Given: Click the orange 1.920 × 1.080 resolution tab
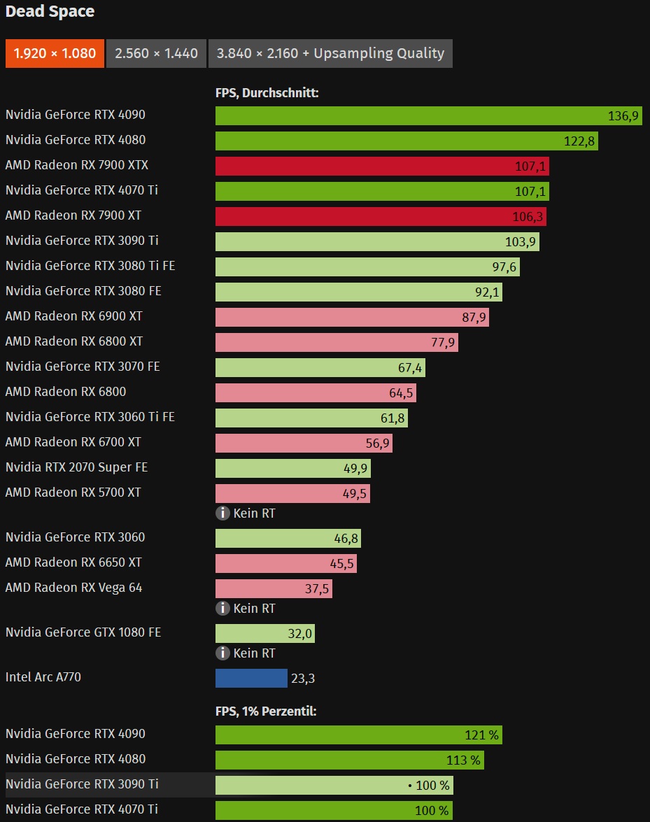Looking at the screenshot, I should pyautogui.click(x=55, y=54).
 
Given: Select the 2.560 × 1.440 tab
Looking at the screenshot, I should pyautogui.click(x=156, y=54).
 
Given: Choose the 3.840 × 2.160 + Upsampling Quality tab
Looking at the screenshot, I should pyautogui.click(x=330, y=54).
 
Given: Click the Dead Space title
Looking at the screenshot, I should pyautogui.click(x=50, y=12).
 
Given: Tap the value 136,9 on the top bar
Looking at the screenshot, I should pyautogui.click(x=623, y=116).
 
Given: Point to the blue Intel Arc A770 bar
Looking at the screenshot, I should pyautogui.click(x=251, y=678).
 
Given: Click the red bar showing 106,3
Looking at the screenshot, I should pyautogui.click(x=381, y=216).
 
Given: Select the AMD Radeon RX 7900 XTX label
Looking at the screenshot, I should pyautogui.click(x=76, y=165).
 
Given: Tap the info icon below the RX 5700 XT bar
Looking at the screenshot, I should pyautogui.click(x=222, y=513).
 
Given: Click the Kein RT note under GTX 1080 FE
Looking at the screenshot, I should pyautogui.click(x=254, y=653).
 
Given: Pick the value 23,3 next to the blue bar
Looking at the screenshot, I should pyautogui.click(x=304, y=678).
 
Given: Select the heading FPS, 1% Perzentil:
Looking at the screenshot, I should pyautogui.click(x=266, y=711).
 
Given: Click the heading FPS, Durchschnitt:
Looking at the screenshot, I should pyautogui.click(x=267, y=92).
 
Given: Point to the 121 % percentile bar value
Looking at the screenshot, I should pyautogui.click(x=481, y=735).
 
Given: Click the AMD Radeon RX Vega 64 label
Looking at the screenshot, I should pyautogui.click(x=73, y=588).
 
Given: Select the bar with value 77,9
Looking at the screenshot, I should pyautogui.click(x=337, y=342).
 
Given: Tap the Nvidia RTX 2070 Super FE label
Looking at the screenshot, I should pyautogui.click(x=76, y=467).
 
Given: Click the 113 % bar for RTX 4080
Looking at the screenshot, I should pyautogui.click(x=349, y=760).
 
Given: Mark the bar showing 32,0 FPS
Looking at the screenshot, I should pyautogui.click(x=264, y=634).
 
